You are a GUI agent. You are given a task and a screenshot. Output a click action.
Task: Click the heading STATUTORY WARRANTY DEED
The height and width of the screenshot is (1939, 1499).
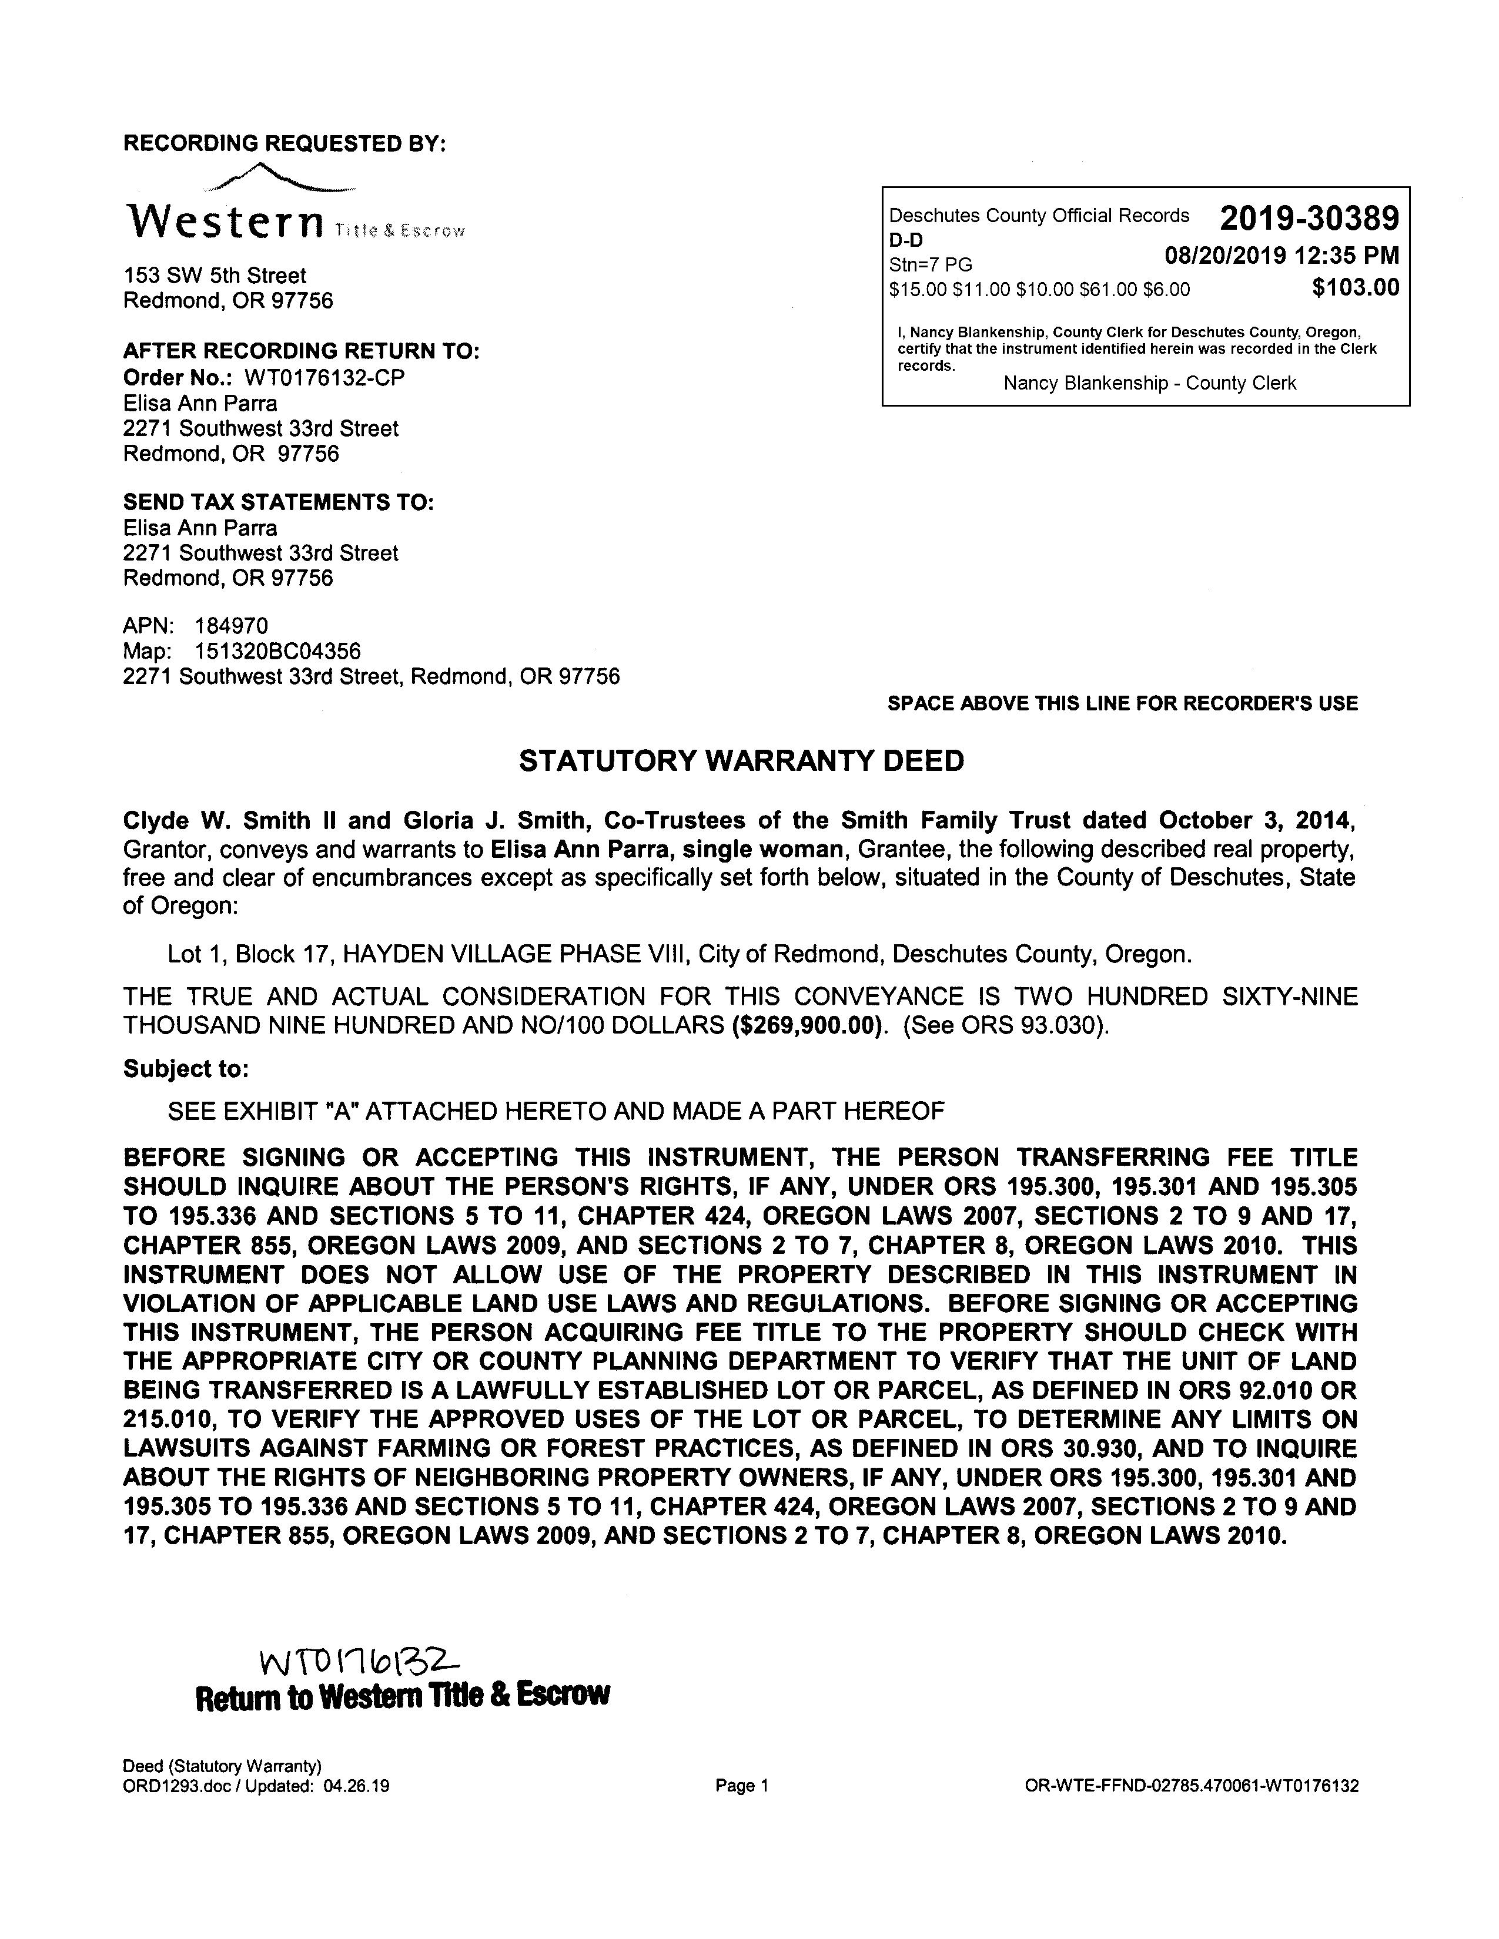tap(741, 761)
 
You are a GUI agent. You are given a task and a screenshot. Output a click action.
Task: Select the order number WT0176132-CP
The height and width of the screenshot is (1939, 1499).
tap(324, 377)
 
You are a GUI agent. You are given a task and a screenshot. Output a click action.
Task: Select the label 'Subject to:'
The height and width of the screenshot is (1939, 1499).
tap(186, 1068)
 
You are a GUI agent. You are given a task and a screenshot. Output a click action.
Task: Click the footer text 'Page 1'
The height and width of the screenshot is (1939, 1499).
tap(741, 1786)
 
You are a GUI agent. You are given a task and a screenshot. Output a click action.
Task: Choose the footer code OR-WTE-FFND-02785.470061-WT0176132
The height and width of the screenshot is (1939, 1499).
tap(1191, 1786)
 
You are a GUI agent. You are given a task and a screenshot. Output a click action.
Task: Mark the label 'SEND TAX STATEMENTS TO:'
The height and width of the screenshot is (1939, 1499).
tap(278, 502)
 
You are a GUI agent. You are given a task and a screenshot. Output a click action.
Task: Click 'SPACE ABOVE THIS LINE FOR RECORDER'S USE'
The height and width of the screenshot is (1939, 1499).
tap(1122, 703)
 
